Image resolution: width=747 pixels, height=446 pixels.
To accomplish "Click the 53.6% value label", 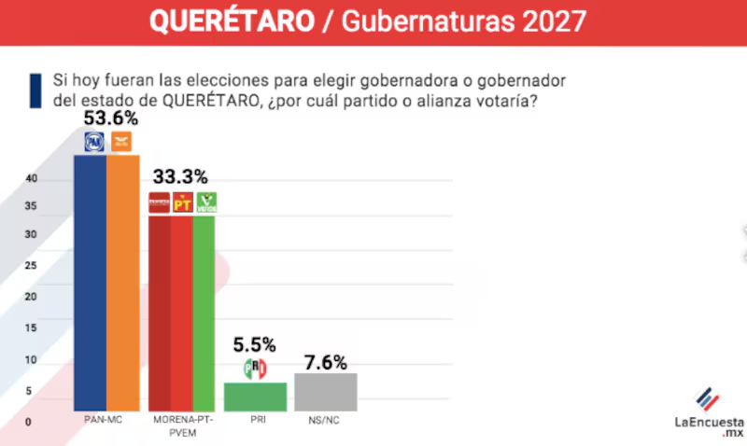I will pyautogui.click(x=111, y=118).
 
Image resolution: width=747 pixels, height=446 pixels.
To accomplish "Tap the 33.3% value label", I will pyautogui.click(x=181, y=176).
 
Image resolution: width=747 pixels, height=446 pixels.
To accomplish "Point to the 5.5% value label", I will pyautogui.click(x=255, y=343).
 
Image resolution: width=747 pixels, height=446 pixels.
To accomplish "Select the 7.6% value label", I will pyautogui.click(x=325, y=361).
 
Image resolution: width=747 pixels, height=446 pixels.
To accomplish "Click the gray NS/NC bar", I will pyautogui.click(x=325, y=392).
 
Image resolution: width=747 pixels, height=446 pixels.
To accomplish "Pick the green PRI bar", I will pyautogui.click(x=255, y=397).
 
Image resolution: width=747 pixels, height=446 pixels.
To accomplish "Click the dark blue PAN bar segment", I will pyautogui.click(x=90, y=280).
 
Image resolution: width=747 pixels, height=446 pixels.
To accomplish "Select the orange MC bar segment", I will pyautogui.click(x=122, y=280).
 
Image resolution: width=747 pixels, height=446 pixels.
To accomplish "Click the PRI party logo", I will pyautogui.click(x=255, y=368).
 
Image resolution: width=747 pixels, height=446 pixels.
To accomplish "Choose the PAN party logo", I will pyautogui.click(x=94, y=142).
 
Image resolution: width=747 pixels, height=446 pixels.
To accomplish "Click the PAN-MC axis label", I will pyautogui.click(x=105, y=422).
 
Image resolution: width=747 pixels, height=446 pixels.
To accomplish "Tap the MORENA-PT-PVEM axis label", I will pyautogui.click(x=182, y=427).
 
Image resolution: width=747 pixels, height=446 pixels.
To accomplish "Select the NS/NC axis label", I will pyautogui.click(x=325, y=422).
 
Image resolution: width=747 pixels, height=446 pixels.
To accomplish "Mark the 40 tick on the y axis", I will pyautogui.click(x=31, y=179).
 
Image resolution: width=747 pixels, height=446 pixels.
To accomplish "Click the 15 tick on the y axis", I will pyautogui.click(x=31, y=328).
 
